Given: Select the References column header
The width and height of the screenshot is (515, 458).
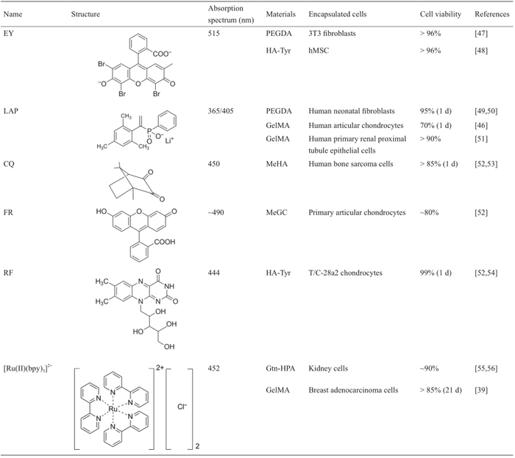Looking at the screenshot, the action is (491, 14).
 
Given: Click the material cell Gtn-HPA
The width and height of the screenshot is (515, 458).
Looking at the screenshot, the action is (280, 367).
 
